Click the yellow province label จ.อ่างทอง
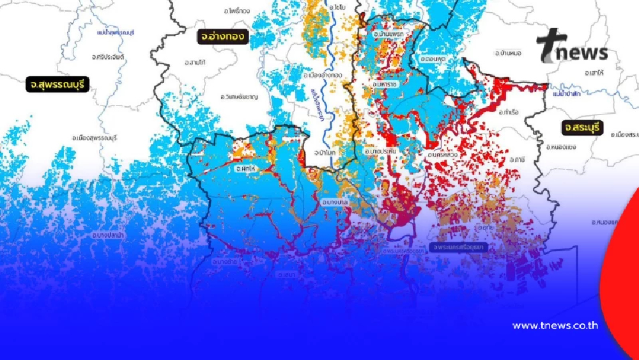(222, 36)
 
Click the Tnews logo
(571, 47)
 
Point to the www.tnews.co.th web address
(555, 325)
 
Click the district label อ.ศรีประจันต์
(108, 57)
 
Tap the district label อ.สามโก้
(194, 63)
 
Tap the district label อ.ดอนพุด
(433, 59)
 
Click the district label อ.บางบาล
(335, 202)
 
